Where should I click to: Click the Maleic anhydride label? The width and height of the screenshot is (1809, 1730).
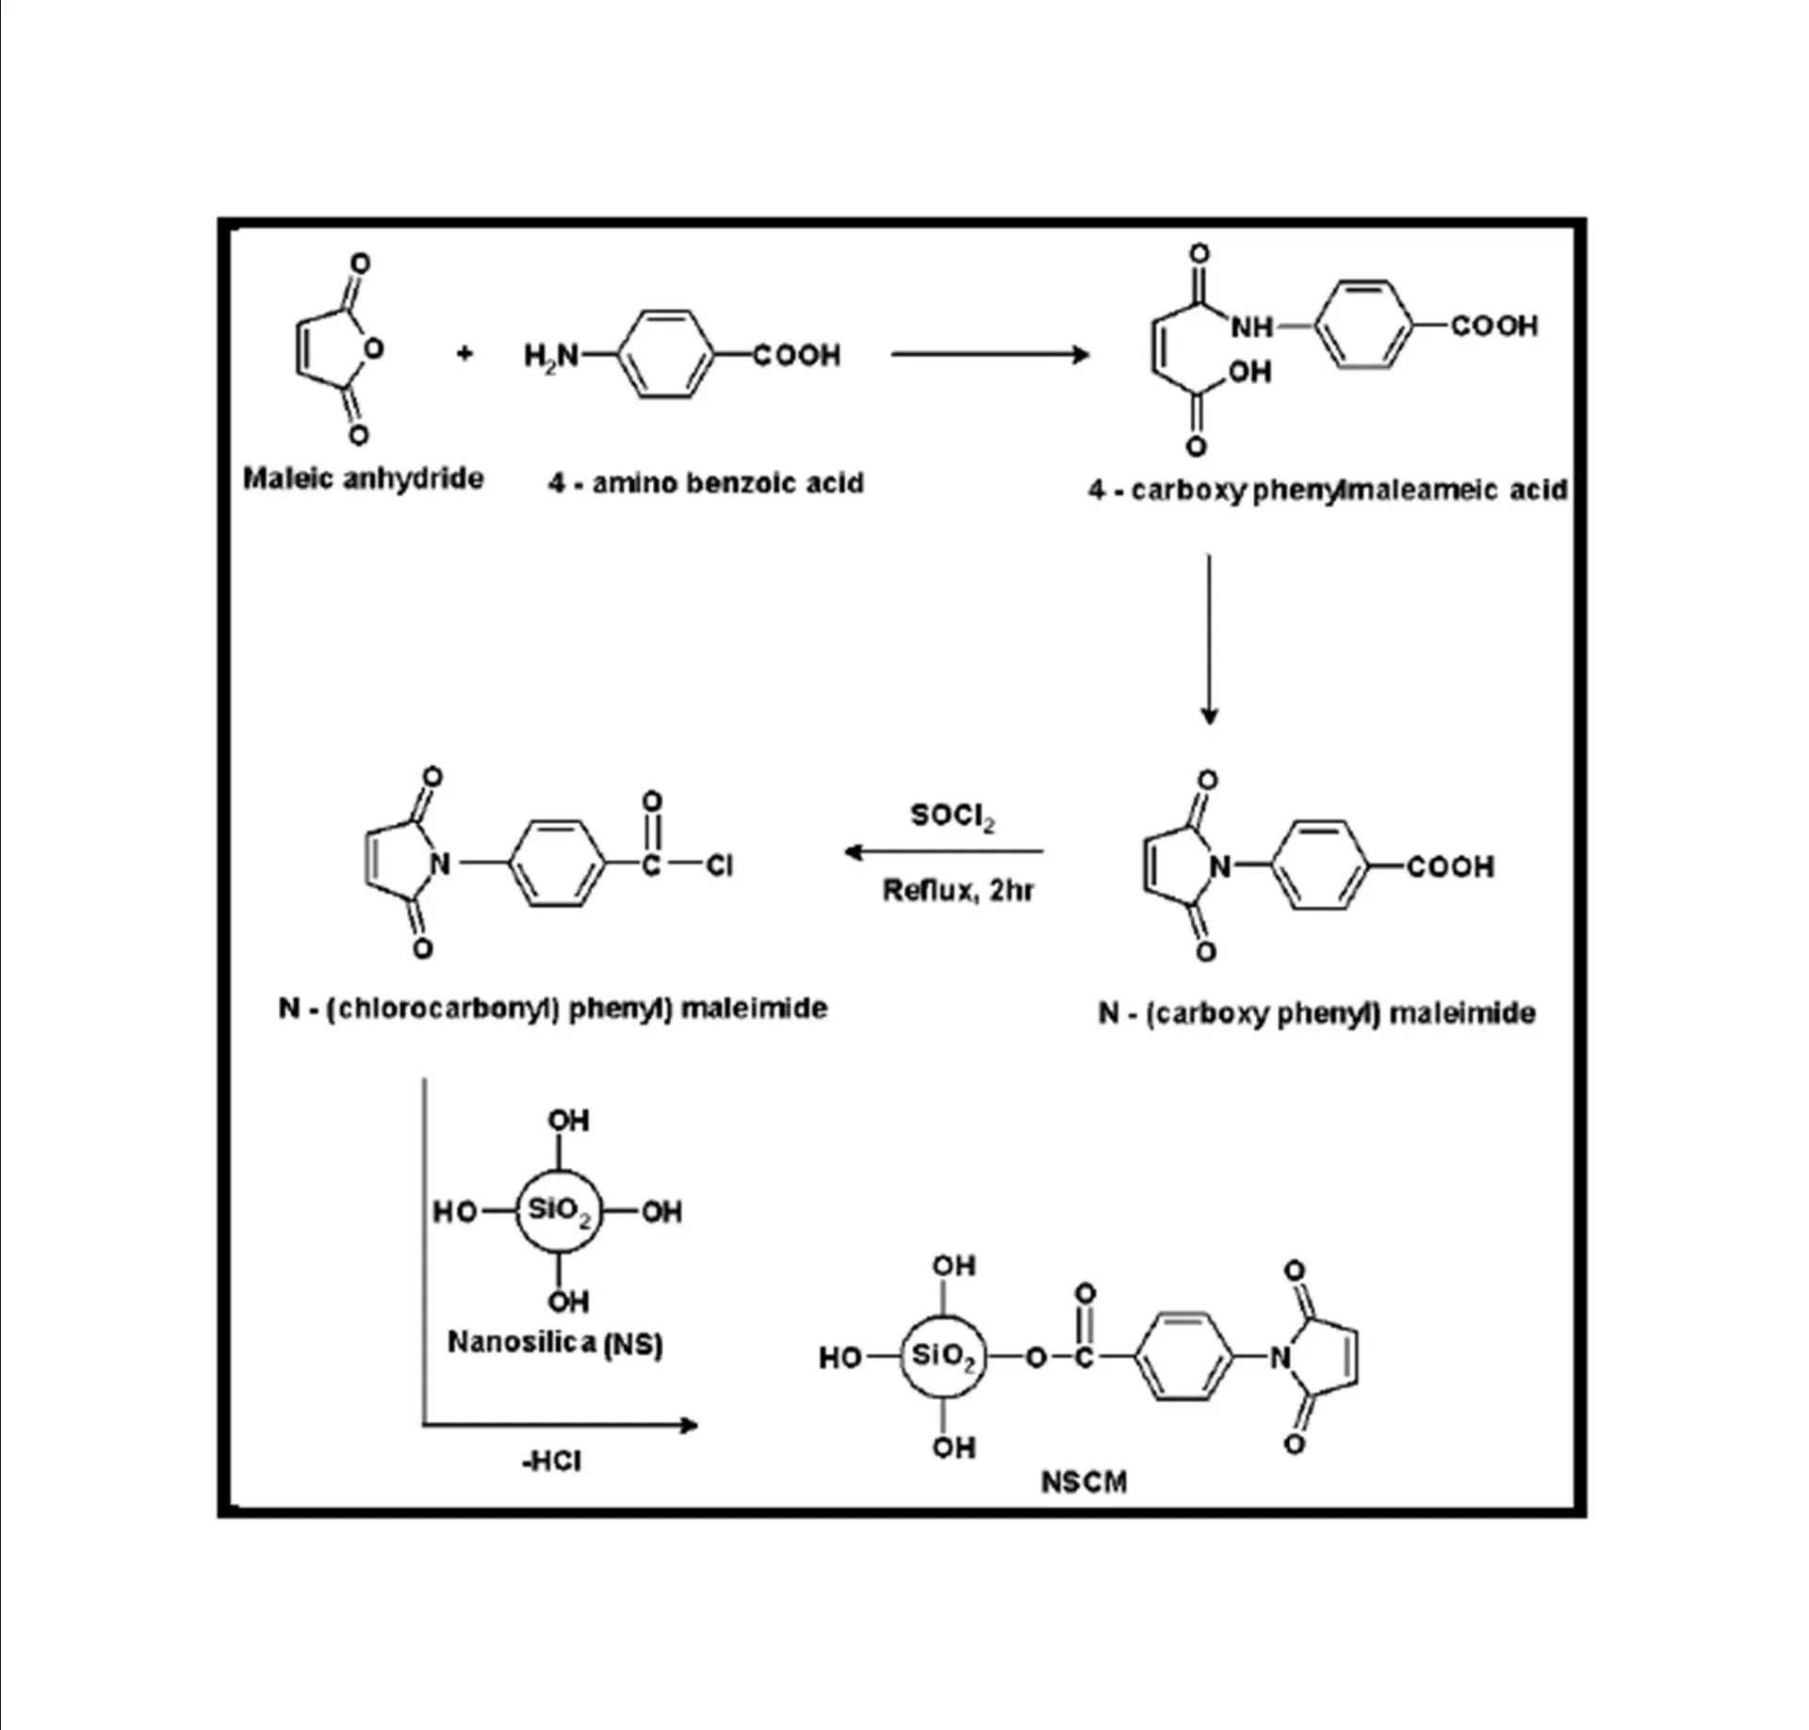coord(363,478)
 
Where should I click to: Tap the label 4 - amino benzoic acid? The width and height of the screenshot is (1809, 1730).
coord(706,483)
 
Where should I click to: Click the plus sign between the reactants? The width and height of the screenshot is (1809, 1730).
coord(464,354)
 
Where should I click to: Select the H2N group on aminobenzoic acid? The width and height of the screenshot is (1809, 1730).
coord(551,356)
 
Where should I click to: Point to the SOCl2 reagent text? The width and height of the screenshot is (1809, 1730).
coord(952,816)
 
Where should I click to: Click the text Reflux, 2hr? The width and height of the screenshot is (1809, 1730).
coord(957,890)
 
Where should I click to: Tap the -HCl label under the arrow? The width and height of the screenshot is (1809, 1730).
coord(552,1461)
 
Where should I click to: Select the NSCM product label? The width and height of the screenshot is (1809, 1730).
coord(1084,1481)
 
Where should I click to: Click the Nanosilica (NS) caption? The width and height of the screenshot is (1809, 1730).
coord(555,1342)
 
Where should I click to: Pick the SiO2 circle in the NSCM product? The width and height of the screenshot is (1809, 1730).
coord(943,1357)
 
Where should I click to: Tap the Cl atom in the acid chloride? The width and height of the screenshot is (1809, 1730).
coord(719,865)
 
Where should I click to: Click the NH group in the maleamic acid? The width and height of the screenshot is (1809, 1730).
coord(1251,327)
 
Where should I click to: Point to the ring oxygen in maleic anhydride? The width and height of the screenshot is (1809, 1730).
coord(373,349)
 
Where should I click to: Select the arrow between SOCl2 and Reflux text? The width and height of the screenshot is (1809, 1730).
coord(944,852)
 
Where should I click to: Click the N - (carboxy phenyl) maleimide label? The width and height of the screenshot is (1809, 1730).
coord(1316,1013)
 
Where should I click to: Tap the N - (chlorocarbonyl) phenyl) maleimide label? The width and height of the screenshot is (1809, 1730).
coord(553,1009)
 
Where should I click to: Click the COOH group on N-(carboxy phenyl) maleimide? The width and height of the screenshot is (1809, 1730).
coord(1450,866)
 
